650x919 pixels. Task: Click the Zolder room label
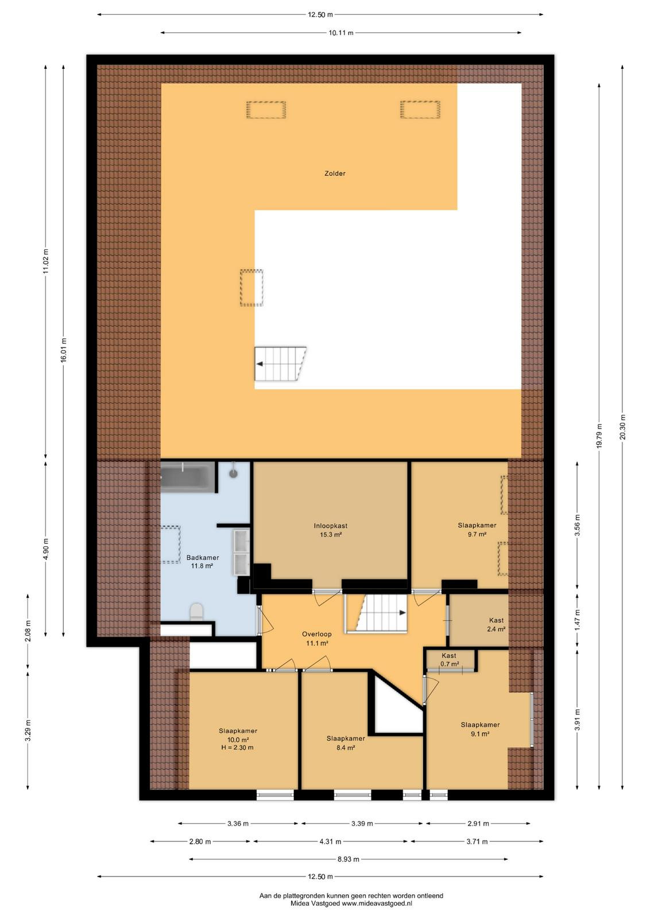[x=335, y=173]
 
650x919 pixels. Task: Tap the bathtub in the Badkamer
[x=187, y=477]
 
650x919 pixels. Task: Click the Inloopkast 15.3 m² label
[x=331, y=530]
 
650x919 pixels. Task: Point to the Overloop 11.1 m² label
[x=316, y=638]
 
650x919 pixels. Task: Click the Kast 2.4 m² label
[x=496, y=624]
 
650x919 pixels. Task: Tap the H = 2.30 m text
[x=237, y=747]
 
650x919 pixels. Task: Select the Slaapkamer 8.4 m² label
[x=346, y=743]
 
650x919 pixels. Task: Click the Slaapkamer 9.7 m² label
[x=477, y=530]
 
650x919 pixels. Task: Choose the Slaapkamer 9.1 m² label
[x=480, y=729]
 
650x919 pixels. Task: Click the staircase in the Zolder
[x=280, y=364]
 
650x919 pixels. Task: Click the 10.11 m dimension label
[x=341, y=33]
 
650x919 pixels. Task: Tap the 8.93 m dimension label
[x=348, y=859]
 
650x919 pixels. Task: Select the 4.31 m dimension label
[x=330, y=841]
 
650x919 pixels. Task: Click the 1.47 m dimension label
[x=577, y=621]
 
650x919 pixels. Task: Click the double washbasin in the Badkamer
[x=241, y=552]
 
